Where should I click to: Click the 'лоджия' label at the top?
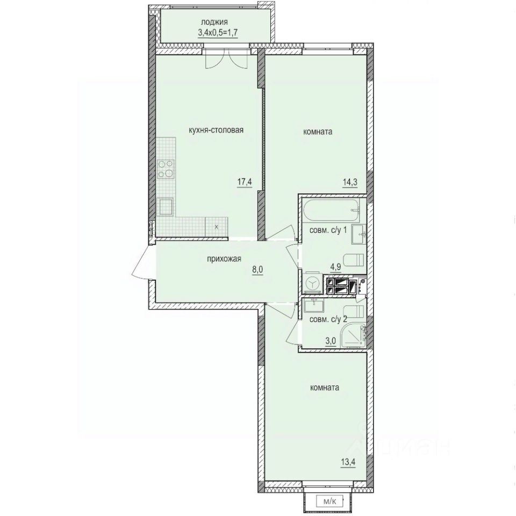pos(214,22)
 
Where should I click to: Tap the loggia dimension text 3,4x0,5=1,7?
pos(214,32)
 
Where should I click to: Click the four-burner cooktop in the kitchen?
pos(167,169)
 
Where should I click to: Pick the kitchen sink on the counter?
pos(166,206)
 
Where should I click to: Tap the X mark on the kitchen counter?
pos(216,227)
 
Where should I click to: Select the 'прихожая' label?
pos(223,259)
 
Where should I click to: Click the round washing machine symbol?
pos(311,284)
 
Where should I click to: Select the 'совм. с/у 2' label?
pos(325,319)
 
